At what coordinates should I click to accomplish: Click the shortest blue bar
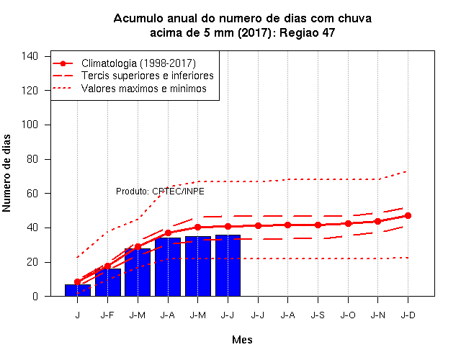click(78, 290)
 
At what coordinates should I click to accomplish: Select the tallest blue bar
click(228, 266)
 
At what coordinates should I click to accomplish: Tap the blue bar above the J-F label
click(108, 282)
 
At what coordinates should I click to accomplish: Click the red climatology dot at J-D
click(408, 216)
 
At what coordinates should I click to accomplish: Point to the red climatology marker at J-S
click(318, 225)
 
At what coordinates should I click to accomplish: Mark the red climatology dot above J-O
click(348, 224)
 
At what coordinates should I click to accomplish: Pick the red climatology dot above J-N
click(377, 221)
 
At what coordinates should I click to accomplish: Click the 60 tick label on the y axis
click(32, 194)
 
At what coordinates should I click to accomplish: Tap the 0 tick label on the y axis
click(35, 296)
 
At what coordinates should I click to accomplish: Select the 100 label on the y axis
click(30, 125)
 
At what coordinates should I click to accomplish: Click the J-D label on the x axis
click(408, 315)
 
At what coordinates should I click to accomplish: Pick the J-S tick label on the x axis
click(318, 315)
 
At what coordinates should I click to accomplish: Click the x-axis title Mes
click(242, 340)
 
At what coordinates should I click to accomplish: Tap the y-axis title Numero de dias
click(6, 174)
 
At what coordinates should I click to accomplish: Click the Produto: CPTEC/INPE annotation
click(160, 192)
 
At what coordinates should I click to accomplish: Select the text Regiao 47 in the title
click(307, 32)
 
